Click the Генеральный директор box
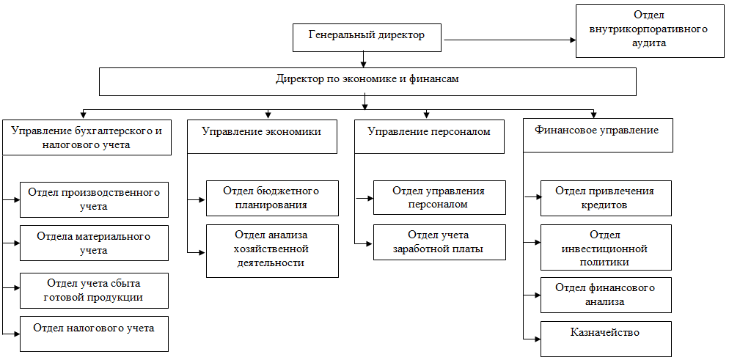[x=367, y=37]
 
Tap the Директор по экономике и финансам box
[x=367, y=81]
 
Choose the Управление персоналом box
[x=429, y=136]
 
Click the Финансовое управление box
[x=598, y=135]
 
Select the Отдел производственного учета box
[x=94, y=199]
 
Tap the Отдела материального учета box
[x=94, y=243]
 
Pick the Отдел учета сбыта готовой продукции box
[x=94, y=290]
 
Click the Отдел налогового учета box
[x=94, y=334]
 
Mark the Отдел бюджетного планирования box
[x=271, y=198]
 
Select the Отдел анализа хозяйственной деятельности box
[x=271, y=250]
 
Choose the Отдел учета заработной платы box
[x=439, y=242]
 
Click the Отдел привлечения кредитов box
[x=605, y=198]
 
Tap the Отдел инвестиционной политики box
[x=605, y=248]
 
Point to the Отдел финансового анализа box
[x=605, y=294]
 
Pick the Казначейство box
[x=605, y=338]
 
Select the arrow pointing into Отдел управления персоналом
[x=364, y=198]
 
